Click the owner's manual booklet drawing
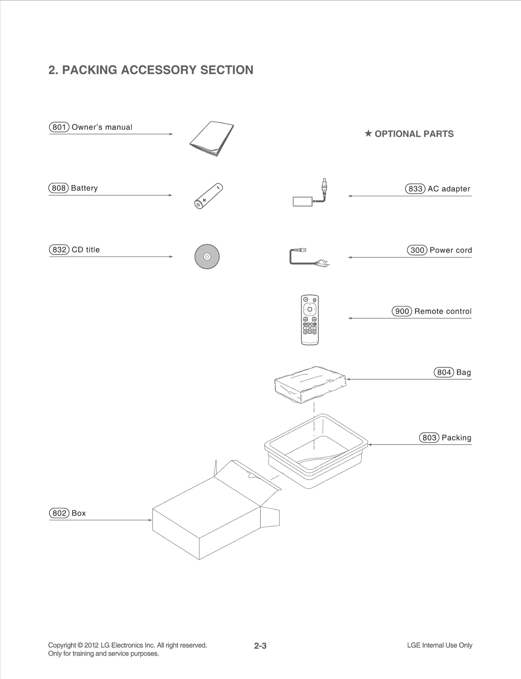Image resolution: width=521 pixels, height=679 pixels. (212, 138)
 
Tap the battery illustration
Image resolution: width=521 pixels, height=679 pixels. (208, 196)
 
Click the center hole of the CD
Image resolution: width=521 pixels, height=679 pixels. (207, 256)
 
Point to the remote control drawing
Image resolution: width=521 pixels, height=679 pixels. (310, 320)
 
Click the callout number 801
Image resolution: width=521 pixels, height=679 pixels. (59, 127)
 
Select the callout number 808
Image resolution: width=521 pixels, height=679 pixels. (59, 188)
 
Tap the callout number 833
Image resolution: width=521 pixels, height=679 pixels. (415, 189)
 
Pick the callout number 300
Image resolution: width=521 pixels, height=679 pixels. (417, 250)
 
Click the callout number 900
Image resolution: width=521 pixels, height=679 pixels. (402, 311)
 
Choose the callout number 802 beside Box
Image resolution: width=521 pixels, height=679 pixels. (59, 513)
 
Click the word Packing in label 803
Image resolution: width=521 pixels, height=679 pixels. (456, 438)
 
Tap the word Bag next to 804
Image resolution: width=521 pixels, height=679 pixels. (463, 372)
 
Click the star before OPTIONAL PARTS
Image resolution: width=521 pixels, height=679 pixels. (368, 133)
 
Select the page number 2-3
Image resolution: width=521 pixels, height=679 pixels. (260, 646)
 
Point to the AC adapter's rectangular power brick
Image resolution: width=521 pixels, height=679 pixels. (303, 201)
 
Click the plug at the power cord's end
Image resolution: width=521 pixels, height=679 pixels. (322, 262)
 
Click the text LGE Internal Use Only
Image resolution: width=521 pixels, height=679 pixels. (439, 645)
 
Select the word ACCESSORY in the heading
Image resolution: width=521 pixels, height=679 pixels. (159, 70)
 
